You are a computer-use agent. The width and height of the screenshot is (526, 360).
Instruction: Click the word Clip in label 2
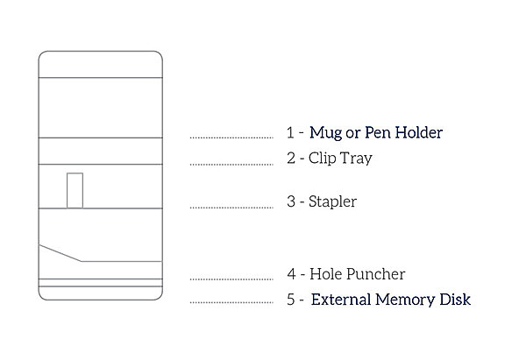click(322, 159)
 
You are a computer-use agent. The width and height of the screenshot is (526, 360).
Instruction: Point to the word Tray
click(356, 159)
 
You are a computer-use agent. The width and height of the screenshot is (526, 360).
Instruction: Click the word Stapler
click(332, 201)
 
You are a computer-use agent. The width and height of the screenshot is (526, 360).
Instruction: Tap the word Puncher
click(374, 274)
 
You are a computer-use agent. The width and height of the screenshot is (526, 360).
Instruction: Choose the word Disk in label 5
click(456, 300)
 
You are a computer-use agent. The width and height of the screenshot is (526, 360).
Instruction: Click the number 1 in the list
click(290, 133)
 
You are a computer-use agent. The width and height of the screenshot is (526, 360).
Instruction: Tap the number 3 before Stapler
click(290, 201)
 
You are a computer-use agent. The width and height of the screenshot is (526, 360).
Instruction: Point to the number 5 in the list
click(290, 300)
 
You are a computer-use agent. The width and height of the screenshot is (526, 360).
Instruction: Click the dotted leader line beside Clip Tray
click(231, 163)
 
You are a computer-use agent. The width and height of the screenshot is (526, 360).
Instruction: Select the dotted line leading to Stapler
click(231, 208)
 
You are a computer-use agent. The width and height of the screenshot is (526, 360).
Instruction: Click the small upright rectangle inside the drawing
click(75, 191)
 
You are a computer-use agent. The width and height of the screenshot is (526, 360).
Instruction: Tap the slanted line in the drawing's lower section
click(61, 253)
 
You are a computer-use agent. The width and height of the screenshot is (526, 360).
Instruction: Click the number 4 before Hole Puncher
click(290, 274)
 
